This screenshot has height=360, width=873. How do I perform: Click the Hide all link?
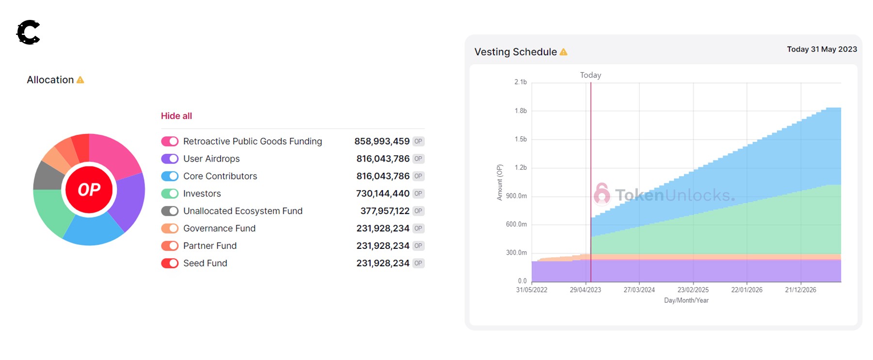(176, 116)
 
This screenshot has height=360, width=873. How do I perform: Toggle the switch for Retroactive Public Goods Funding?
(170, 141)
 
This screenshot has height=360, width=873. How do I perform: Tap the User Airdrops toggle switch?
(170, 159)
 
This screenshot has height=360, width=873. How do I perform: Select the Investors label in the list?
(202, 194)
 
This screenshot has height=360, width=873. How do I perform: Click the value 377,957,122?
(385, 211)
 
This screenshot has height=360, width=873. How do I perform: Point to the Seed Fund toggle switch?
(170, 263)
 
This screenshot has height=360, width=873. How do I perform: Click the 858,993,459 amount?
(382, 141)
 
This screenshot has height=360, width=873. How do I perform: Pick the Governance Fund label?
(219, 229)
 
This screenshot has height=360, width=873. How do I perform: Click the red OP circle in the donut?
(89, 190)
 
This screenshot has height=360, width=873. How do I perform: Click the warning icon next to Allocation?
(81, 80)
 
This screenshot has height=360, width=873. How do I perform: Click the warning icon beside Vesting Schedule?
(564, 52)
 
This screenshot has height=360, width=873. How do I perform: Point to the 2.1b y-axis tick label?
(520, 82)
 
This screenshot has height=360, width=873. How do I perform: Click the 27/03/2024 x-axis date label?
(639, 290)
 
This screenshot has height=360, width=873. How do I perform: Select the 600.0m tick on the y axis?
(516, 225)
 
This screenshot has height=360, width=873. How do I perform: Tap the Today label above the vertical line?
(590, 75)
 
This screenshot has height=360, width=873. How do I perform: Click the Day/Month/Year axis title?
(686, 301)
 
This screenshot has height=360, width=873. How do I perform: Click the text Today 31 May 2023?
(822, 49)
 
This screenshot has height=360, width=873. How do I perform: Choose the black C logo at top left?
(29, 33)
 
